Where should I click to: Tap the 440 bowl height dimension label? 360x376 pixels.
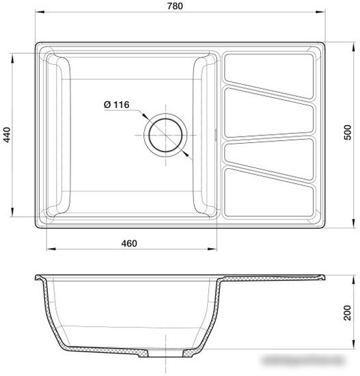7,137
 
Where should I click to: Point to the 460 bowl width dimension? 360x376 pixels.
130,243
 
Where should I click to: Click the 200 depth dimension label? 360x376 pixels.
349,319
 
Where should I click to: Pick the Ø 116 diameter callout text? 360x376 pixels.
117,105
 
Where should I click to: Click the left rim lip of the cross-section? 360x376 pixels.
40,279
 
